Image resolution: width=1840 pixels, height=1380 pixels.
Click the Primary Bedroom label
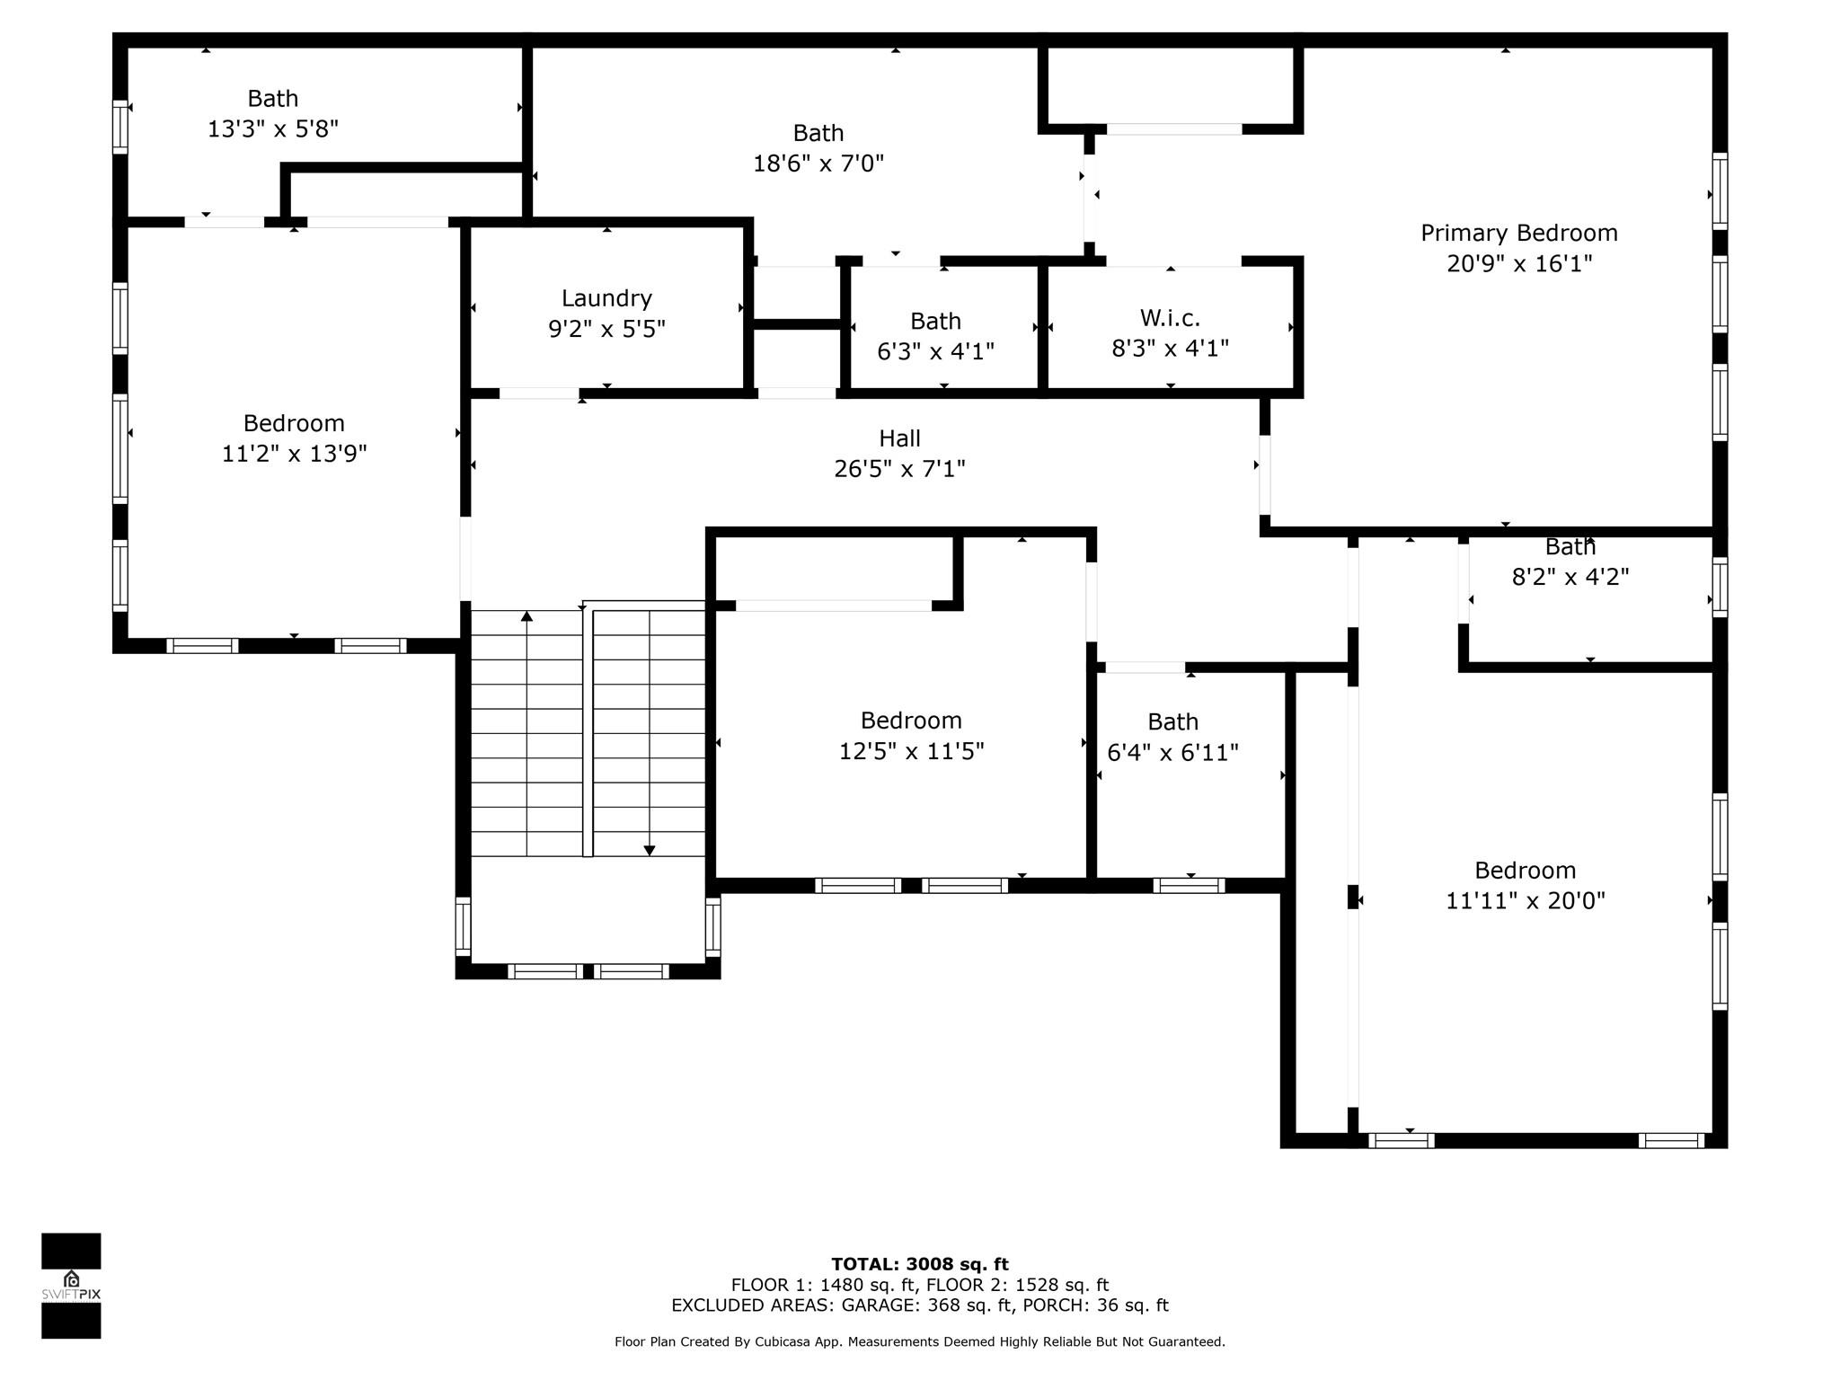pyautogui.click(x=1518, y=234)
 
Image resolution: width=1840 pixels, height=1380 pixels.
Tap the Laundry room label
pyautogui.click(x=606, y=298)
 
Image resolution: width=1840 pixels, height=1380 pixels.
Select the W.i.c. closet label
pyautogui.click(x=1170, y=318)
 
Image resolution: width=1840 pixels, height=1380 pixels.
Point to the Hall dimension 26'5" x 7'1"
pyautogui.click(x=899, y=469)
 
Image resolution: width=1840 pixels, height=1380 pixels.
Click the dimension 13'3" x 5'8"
pyautogui.click(x=273, y=129)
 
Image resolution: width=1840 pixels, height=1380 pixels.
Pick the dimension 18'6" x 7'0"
pyautogui.click(x=818, y=164)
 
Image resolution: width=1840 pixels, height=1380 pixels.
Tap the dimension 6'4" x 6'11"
pyautogui.click(x=1172, y=753)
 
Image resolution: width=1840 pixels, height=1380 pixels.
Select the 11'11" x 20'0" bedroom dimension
pyautogui.click(x=1525, y=901)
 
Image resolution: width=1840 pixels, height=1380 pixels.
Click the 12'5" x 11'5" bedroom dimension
pyautogui.click(x=911, y=751)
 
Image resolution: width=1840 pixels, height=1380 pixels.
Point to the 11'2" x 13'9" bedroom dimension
pyautogui.click(x=295, y=454)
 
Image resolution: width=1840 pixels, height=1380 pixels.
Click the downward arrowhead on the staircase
pyautogui.click(x=650, y=850)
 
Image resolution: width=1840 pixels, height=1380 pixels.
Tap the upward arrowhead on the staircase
pyautogui.click(x=526, y=616)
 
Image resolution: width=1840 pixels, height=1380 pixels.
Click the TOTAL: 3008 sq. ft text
pyautogui.click(x=920, y=1265)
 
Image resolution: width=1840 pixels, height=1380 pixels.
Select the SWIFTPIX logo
pyautogui.click(x=71, y=1286)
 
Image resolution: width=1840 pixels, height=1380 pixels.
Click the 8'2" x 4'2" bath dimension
pyautogui.click(x=1570, y=577)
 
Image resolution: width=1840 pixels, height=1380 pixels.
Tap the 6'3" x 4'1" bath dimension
pyautogui.click(x=935, y=351)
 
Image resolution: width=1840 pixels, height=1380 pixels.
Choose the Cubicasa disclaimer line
pyautogui.click(x=920, y=1342)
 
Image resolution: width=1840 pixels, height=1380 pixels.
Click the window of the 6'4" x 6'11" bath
pyautogui.click(x=1189, y=886)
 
